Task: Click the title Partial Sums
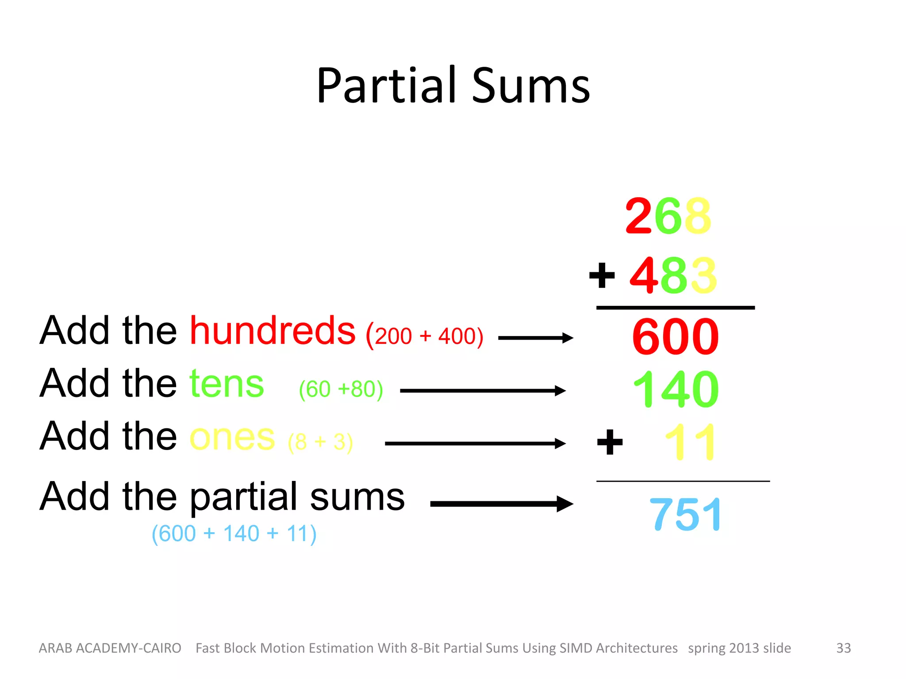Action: point(453,86)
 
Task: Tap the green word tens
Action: point(226,384)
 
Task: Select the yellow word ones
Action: point(232,437)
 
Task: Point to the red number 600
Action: point(675,337)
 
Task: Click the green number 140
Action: point(675,389)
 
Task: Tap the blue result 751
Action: point(686,515)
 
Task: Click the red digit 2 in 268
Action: point(639,216)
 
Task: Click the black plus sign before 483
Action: point(602,275)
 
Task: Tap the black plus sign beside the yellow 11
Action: point(610,442)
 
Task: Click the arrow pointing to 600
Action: point(535,338)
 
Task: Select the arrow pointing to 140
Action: point(482,391)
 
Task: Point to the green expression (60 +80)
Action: point(341,389)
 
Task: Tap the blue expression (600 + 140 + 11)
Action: point(234,534)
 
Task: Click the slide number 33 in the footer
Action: point(843,648)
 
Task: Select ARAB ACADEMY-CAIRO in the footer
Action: point(110,648)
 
